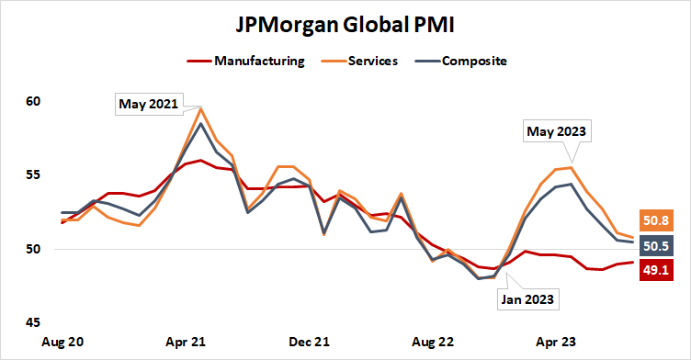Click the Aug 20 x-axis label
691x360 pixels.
click(x=64, y=342)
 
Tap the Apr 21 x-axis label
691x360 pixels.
click(x=187, y=342)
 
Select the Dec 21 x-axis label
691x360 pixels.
click(x=311, y=342)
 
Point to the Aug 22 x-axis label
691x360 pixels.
click(x=434, y=342)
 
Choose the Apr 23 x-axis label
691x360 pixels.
click(x=556, y=342)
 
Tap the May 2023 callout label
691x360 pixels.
click(x=556, y=132)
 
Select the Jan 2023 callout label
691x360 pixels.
click(x=527, y=298)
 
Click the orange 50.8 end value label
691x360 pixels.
click(x=654, y=220)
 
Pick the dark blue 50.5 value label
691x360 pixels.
click(x=654, y=245)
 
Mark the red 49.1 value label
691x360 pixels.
click(x=654, y=270)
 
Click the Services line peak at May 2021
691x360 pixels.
click(x=201, y=108)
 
